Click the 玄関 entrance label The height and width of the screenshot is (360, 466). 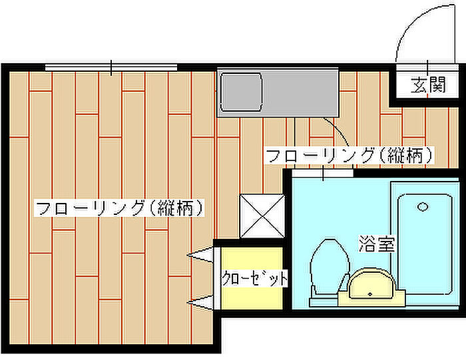(x=427, y=85)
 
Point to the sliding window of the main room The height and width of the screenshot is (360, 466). (x=112, y=67)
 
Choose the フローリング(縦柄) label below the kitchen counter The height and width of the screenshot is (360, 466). (x=350, y=156)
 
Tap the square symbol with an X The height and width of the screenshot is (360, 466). (x=260, y=216)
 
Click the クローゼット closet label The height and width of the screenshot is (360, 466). (x=254, y=278)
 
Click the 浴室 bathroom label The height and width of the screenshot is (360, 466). (x=376, y=244)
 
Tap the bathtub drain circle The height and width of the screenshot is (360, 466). (x=423, y=206)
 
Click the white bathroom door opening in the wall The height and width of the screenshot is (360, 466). (x=324, y=173)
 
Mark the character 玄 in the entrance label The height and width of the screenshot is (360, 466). (x=418, y=85)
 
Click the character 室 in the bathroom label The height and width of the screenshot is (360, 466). (x=385, y=244)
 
